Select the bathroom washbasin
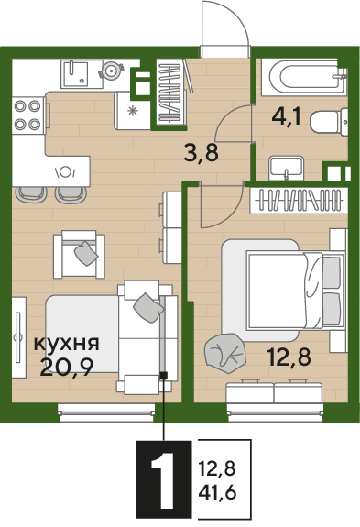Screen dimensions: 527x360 click(x=288, y=169)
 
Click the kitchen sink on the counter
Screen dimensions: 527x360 click(x=78, y=71)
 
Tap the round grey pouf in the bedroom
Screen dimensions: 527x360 click(x=224, y=350)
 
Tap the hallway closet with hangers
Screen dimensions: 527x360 click(x=170, y=92)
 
